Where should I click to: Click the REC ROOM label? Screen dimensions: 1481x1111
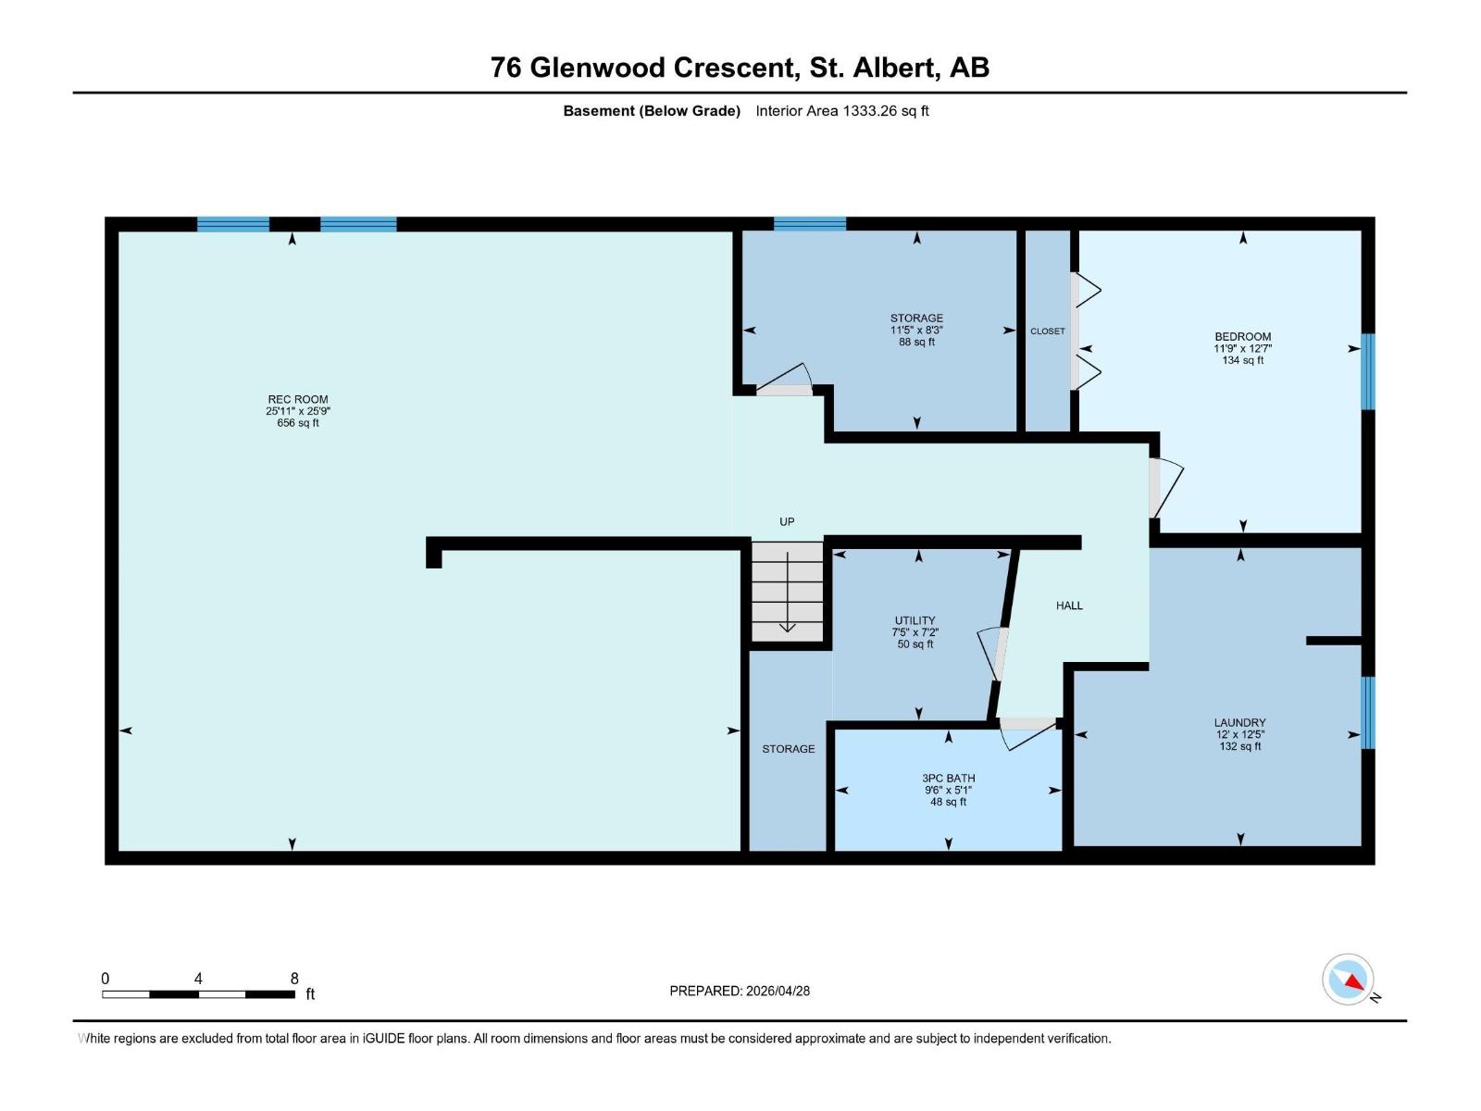click(297, 399)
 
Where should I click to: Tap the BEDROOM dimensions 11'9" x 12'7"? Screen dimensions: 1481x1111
click(1242, 349)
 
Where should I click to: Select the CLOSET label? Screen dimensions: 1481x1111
click(1047, 331)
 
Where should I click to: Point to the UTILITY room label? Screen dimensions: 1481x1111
click(915, 620)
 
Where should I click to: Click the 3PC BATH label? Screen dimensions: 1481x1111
click(948, 779)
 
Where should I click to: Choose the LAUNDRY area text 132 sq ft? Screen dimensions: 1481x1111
click(1239, 746)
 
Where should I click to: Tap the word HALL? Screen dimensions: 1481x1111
click(1069, 605)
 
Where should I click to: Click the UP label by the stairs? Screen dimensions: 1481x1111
click(787, 521)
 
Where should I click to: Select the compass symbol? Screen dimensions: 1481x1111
click(1348, 979)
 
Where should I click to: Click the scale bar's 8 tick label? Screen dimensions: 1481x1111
click(294, 978)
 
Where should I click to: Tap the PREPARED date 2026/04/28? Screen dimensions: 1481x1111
click(778, 991)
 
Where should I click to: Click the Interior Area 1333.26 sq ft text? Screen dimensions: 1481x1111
click(842, 110)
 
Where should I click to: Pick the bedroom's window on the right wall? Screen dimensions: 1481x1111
click(1368, 371)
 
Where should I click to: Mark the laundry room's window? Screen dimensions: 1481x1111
click(1368, 712)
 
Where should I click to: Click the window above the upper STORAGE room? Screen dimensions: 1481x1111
click(810, 224)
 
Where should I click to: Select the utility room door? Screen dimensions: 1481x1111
click(990, 653)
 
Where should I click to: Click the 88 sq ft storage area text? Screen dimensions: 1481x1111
click(916, 342)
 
